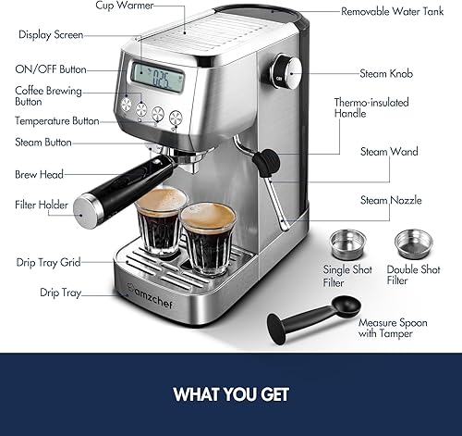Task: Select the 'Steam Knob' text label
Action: click(x=387, y=73)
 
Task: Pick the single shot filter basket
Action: click(x=346, y=243)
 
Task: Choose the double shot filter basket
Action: click(x=413, y=243)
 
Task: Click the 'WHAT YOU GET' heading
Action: click(x=230, y=393)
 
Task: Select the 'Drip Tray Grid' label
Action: click(x=48, y=262)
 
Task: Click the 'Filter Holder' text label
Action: click(x=43, y=205)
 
